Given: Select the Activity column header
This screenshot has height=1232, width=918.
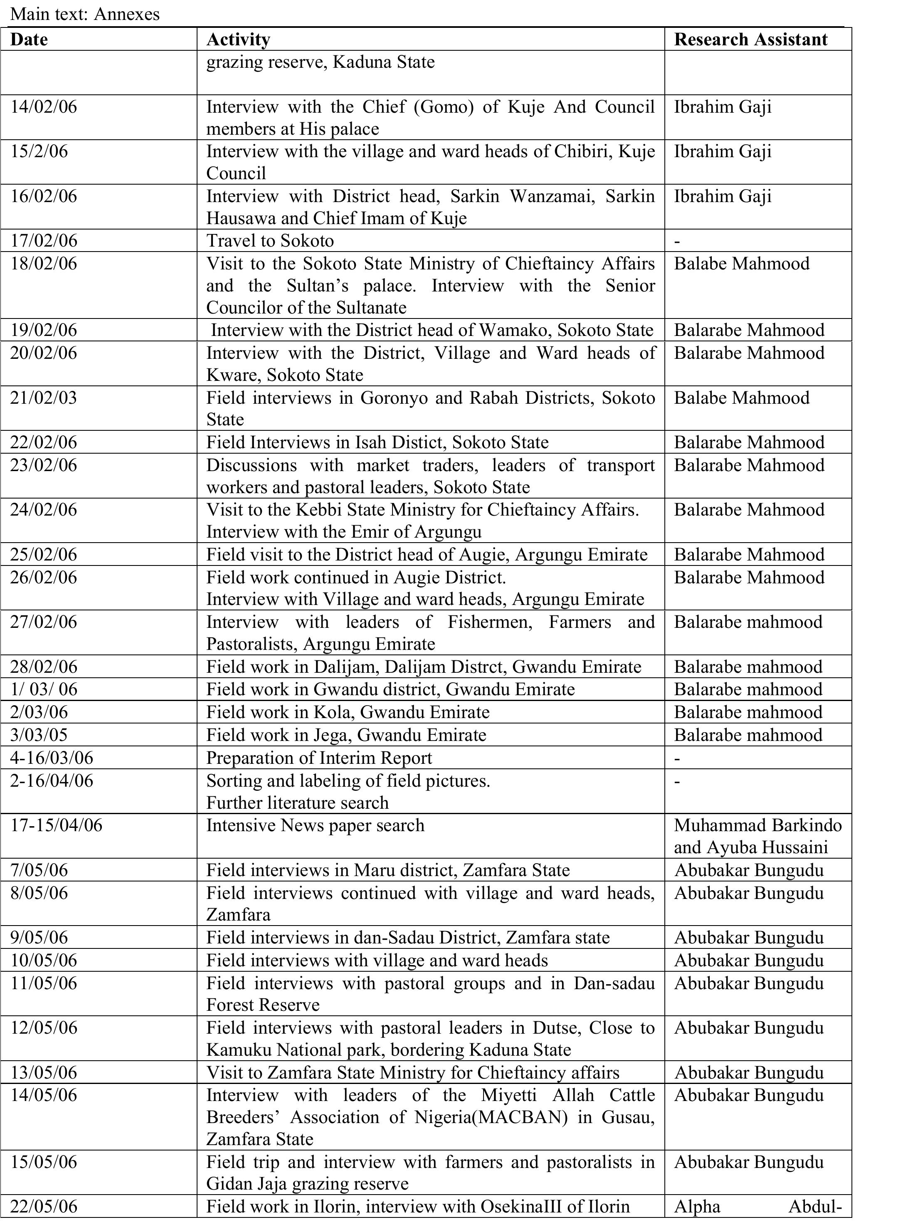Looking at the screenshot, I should [x=238, y=40].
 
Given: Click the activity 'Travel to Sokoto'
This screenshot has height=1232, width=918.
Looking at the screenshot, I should [x=270, y=241].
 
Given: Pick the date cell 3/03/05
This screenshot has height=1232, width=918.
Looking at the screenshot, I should [x=39, y=735].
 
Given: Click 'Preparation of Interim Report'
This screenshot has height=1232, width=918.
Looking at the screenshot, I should [x=319, y=758].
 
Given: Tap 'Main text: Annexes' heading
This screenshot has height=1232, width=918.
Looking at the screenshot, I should [x=84, y=14].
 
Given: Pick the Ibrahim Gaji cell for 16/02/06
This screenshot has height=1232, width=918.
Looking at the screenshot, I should [x=723, y=196].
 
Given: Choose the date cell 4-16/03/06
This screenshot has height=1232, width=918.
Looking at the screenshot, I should [x=52, y=758].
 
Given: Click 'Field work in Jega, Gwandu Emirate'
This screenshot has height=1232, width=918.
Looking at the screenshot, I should [x=346, y=735].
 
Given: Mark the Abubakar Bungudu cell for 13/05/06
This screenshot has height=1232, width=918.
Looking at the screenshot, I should [x=748, y=1072].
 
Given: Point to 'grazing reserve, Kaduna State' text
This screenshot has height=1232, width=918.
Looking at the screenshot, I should [x=320, y=62].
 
